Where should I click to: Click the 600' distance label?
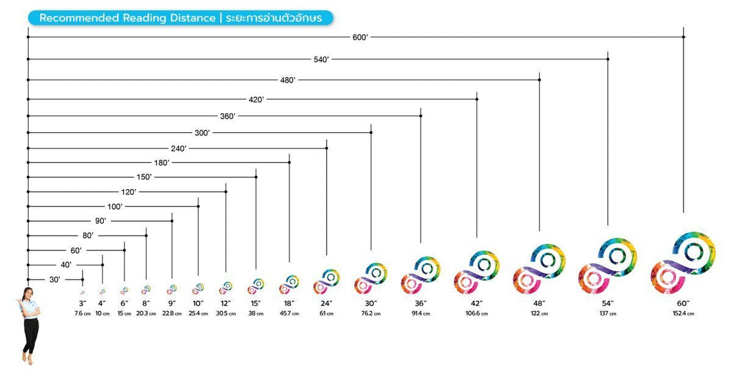pyautogui.click(x=360, y=38)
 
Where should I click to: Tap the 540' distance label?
pyautogui.click(x=321, y=60)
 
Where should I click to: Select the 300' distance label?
pyautogui.click(x=202, y=133)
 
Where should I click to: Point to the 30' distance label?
pyautogui.click(x=55, y=279)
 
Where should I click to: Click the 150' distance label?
pyautogui.click(x=144, y=177)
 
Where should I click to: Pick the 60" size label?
pyautogui.click(x=683, y=303)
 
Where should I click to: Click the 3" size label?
pyautogui.click(x=83, y=303)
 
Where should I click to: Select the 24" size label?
pyautogui.click(x=327, y=303)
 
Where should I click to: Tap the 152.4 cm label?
pyautogui.click(x=683, y=313)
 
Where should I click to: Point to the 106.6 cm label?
pyautogui.click(x=476, y=313)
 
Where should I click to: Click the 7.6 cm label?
pyautogui.click(x=83, y=313)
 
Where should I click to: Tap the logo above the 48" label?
pyautogui.click(x=539, y=270)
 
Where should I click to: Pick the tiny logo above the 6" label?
pyautogui.click(x=124, y=290)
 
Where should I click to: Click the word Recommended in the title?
pyautogui.click(x=79, y=19)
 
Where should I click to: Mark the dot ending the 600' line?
pyautogui.click(x=683, y=37)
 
